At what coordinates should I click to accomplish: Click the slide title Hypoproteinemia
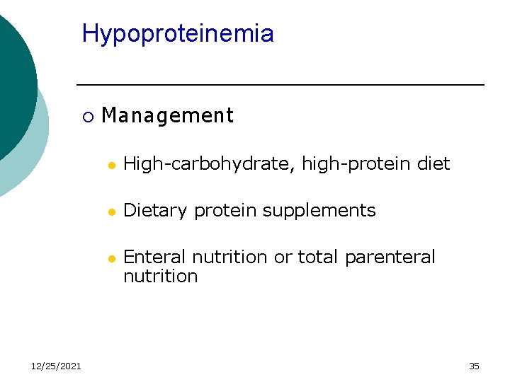pos(178,34)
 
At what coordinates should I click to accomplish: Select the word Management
pos(167,115)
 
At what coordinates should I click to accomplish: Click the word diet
pos(433,164)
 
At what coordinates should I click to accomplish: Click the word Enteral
pos(155,257)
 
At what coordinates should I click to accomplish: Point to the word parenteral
pos(390,257)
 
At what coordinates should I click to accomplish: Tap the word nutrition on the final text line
pos(160,276)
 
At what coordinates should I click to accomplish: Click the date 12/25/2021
pos(56,366)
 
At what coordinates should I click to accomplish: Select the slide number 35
pos(474,366)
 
